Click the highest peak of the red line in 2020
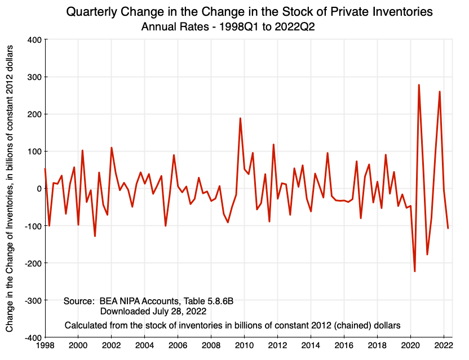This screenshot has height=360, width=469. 419,85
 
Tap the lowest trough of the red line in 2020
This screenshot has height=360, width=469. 415,272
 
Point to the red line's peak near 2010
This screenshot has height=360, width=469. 240,118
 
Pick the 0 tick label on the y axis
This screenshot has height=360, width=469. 38,189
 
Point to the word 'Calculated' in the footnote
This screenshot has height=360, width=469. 85,325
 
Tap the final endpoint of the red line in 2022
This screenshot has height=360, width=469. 448,228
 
